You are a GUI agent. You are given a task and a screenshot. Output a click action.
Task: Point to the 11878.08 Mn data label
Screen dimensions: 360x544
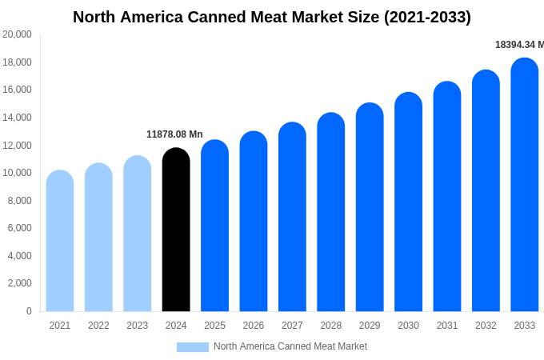174,134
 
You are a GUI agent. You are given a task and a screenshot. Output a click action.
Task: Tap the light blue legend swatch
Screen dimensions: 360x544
192,347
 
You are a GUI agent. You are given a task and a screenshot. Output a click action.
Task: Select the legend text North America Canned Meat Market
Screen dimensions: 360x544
290,346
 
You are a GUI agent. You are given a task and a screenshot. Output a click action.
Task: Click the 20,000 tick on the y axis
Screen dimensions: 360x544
18,34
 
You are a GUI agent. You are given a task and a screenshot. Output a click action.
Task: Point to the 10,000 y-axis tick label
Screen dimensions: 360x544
18,173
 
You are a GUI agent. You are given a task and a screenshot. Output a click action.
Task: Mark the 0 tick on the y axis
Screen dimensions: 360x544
29,311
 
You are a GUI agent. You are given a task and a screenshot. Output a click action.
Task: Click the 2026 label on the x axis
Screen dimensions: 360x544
254,326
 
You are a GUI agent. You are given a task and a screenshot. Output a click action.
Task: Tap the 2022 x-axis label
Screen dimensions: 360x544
98,326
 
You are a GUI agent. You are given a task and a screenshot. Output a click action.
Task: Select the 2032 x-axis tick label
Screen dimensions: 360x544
486,326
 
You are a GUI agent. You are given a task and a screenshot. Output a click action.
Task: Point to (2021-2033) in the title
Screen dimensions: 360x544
427,17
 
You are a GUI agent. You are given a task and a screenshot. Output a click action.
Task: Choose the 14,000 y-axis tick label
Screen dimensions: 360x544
18,118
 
